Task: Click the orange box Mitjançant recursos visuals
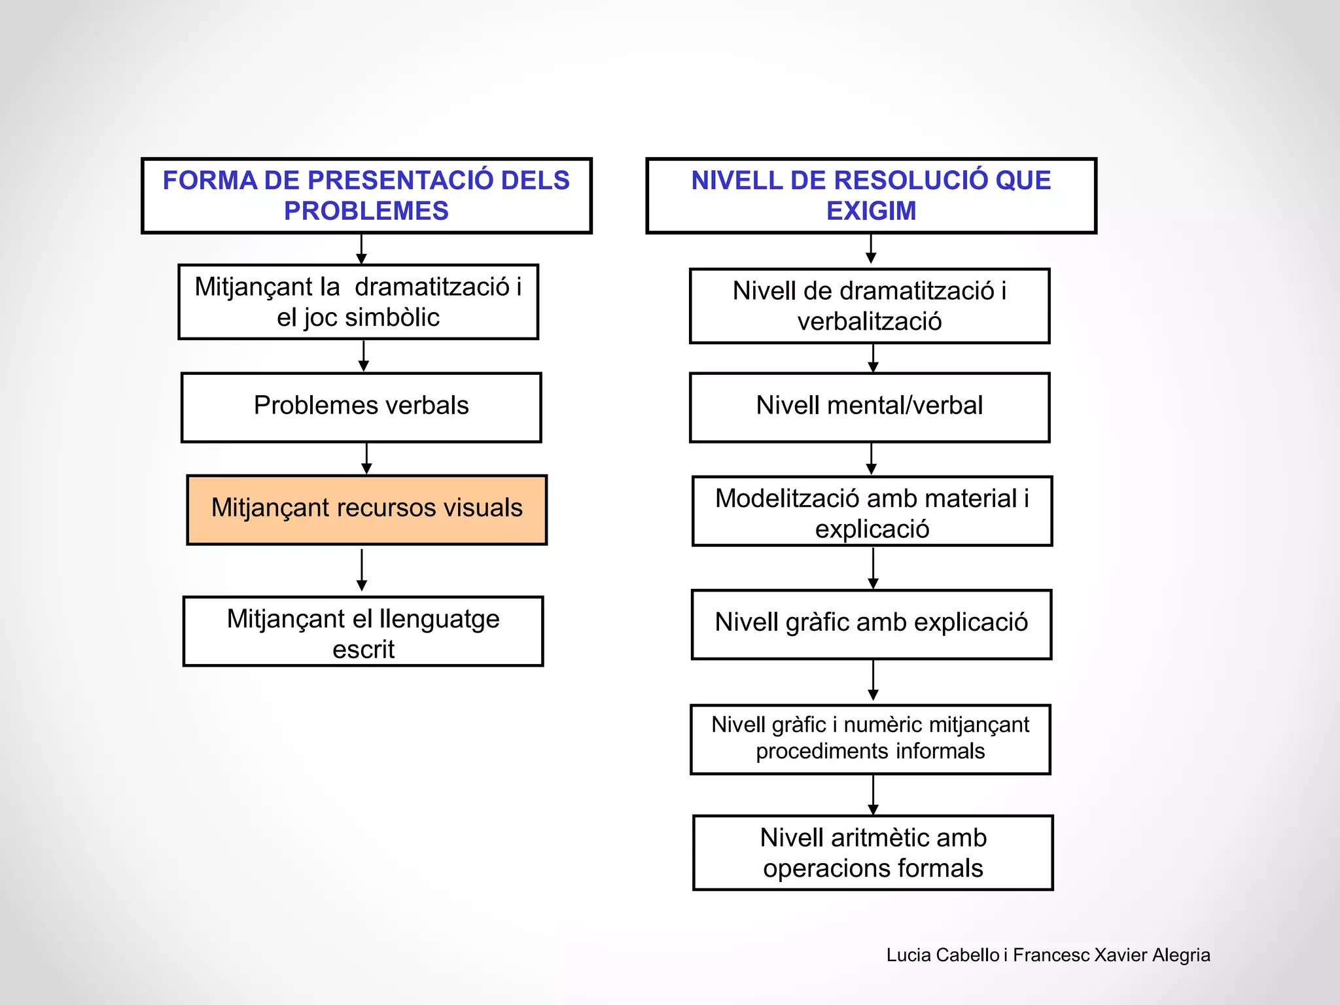[366, 510]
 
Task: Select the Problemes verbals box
[361, 406]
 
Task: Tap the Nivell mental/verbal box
[870, 406]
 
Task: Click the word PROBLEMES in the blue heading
[366, 211]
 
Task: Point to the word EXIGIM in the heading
[871, 211]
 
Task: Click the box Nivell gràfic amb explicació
[872, 623]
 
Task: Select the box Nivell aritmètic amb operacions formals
[873, 853]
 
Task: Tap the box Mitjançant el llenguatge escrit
[363, 632]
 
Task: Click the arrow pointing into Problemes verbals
[364, 357]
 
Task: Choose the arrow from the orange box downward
[362, 570]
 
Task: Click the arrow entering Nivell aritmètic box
[873, 795]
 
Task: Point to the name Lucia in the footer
[909, 955]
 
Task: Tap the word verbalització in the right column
[870, 322]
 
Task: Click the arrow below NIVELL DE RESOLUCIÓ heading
[871, 249]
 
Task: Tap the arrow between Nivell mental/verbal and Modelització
[872, 459]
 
